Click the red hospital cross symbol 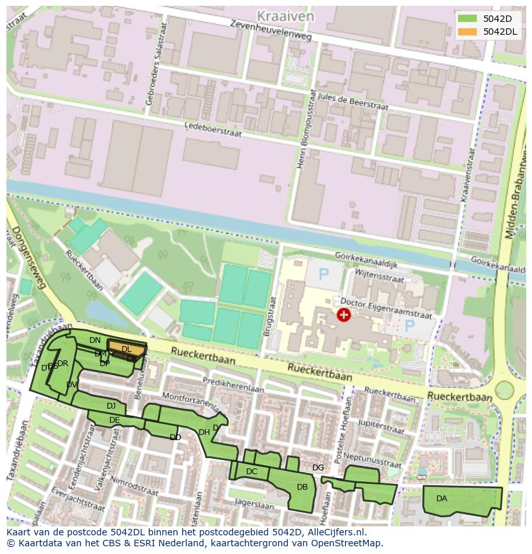click(x=344, y=315)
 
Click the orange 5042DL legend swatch click(x=467, y=31)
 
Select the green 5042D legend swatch click(x=467, y=19)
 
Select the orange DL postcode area click(x=125, y=348)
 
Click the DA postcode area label click(x=441, y=498)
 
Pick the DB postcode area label click(x=302, y=487)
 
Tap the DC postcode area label click(x=251, y=472)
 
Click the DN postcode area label click(x=95, y=340)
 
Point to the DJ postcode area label click(x=111, y=405)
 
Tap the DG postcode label click(x=318, y=467)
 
